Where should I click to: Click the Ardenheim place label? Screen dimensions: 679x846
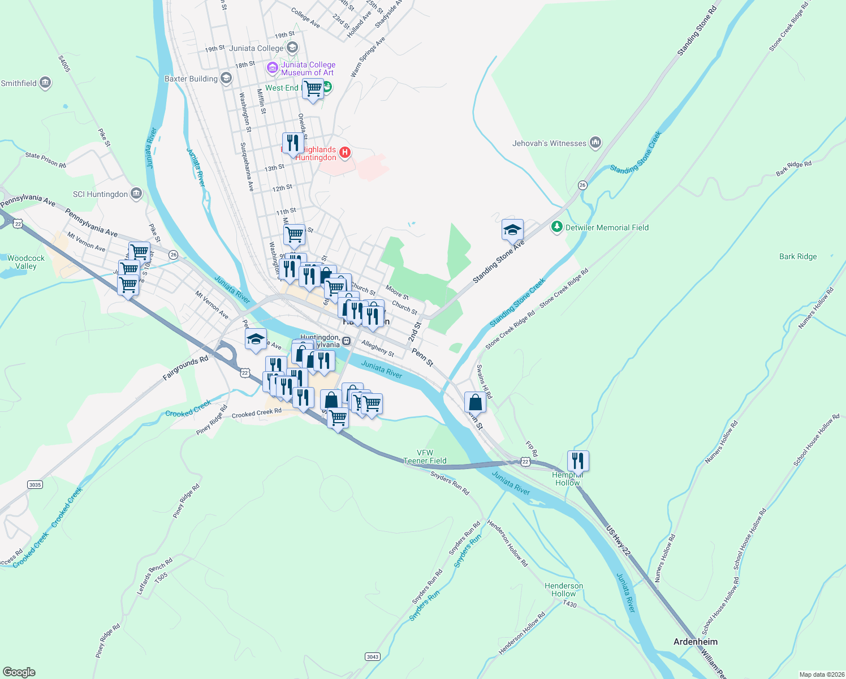[x=695, y=642]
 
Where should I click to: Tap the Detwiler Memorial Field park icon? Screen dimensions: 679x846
[x=557, y=227]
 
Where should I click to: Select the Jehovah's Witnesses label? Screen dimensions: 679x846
[x=549, y=143]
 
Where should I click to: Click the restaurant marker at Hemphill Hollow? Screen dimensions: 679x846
[x=577, y=461]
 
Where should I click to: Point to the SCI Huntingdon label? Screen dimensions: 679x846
[x=100, y=194]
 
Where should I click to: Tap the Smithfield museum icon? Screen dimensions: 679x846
[x=45, y=83]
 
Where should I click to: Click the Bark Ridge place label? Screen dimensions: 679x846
[x=797, y=256]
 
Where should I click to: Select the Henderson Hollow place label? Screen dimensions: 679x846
[x=563, y=590]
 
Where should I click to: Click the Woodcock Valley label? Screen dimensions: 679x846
[x=25, y=262]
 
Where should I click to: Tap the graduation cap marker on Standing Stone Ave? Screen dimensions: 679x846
[x=512, y=230]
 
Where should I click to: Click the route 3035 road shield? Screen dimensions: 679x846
[x=34, y=484]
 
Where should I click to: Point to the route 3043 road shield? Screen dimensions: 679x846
[x=372, y=656]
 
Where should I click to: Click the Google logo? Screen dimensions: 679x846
[x=19, y=672]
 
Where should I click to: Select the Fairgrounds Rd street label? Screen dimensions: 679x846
[x=185, y=368]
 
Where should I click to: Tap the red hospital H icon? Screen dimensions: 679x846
[x=344, y=152]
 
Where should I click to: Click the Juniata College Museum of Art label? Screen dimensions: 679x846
[x=308, y=68]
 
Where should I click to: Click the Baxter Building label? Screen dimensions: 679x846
[x=191, y=79]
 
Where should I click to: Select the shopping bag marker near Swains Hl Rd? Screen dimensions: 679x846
[x=475, y=403]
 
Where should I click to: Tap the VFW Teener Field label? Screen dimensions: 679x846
[x=425, y=457]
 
